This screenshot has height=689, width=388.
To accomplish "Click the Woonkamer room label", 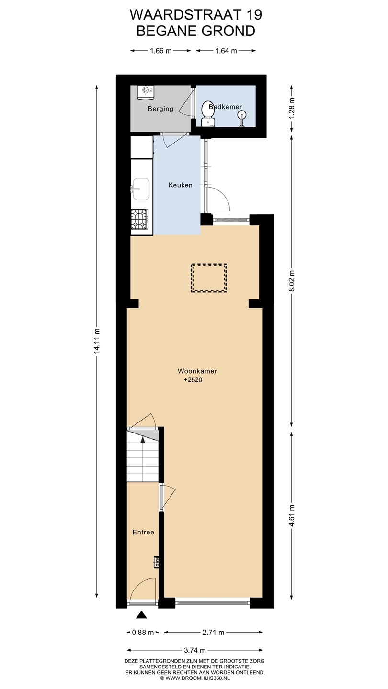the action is tap(197, 371).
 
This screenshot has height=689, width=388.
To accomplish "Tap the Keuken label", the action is tap(181, 185).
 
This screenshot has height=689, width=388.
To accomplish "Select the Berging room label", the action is tap(160, 109).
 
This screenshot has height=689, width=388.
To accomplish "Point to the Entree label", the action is tap(143, 532).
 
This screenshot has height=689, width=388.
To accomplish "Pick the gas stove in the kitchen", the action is tap(140, 219).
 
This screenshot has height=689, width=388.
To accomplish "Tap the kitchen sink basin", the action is tap(141, 189).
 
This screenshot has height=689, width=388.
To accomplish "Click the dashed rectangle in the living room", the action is tap(209, 278).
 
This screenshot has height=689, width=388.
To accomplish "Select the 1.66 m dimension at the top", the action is tap(161, 51).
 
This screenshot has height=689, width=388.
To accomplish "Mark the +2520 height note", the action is tap(193, 380).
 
